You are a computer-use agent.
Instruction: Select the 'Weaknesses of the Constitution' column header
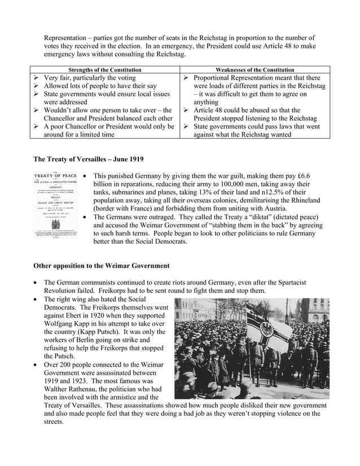tap(255, 69)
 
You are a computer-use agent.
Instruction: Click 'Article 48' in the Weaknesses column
tap(211, 111)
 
